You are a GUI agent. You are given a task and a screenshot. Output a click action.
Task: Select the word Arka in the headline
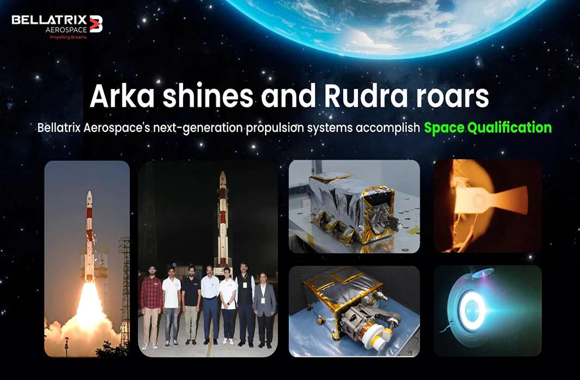point(119,97)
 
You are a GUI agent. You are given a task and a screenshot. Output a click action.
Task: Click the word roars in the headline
point(453,97)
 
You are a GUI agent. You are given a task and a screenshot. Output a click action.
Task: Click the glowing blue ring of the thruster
point(472,310)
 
